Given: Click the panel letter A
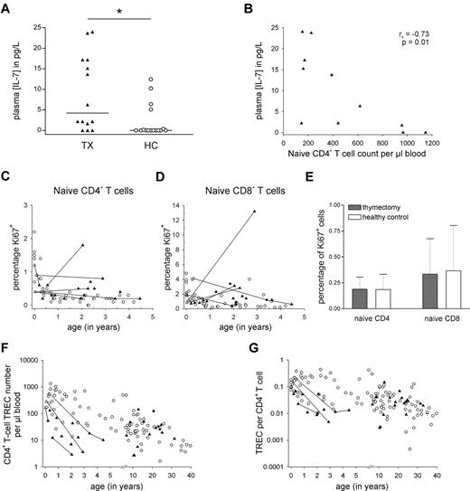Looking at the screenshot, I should [x=8, y=8].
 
